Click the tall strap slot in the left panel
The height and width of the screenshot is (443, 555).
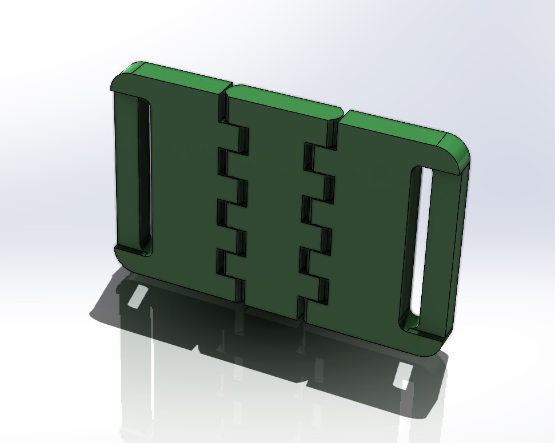[143, 177]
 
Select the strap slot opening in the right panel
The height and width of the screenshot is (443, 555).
[421, 245]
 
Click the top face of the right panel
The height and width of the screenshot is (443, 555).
[394, 126]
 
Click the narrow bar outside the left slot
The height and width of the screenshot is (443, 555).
[123, 171]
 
